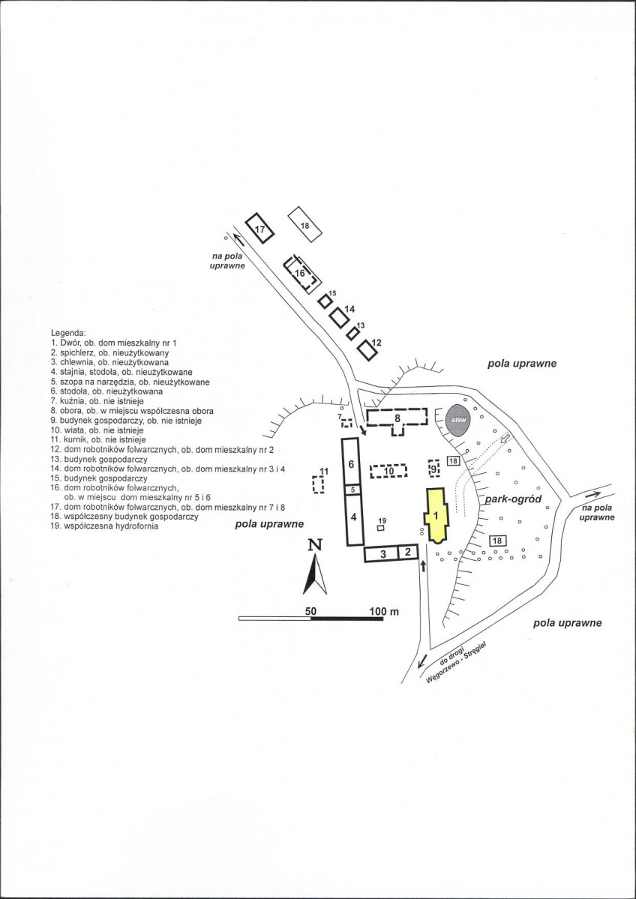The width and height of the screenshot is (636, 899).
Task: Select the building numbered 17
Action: (x=259, y=228)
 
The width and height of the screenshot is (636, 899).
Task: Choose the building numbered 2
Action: (x=408, y=553)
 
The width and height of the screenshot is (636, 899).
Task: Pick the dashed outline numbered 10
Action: (x=388, y=471)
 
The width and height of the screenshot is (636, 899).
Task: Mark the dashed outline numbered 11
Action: (x=318, y=484)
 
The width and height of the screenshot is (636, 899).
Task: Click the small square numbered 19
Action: (x=380, y=528)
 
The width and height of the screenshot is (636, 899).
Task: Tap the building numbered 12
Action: (x=367, y=349)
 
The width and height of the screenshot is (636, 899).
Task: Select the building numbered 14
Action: (x=340, y=317)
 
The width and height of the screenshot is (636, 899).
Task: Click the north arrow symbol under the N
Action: (x=315, y=574)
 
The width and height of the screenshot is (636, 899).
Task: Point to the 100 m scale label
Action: (x=384, y=612)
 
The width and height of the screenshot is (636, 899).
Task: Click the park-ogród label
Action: (x=513, y=499)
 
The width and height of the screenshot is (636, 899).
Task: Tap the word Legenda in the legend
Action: (x=69, y=333)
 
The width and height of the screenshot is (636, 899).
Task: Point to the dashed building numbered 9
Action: (x=434, y=469)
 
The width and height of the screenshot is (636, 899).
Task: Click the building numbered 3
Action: (x=381, y=554)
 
